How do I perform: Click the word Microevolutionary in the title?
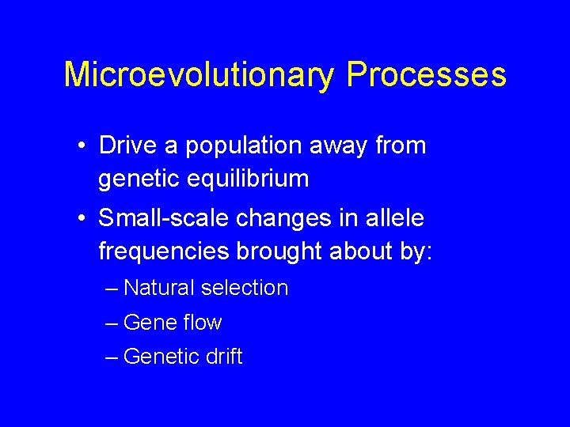[199, 74]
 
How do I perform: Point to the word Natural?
[158, 288]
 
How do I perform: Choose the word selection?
[245, 288]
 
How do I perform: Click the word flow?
[203, 323]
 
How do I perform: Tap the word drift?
[224, 357]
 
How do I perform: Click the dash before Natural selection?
[112, 289]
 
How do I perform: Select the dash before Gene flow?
[112, 323]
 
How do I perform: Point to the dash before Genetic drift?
[112, 357]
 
